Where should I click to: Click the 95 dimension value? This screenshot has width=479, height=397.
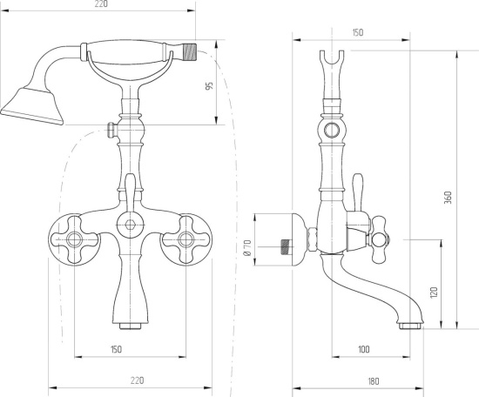(209, 86)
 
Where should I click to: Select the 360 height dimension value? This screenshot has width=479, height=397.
(448, 198)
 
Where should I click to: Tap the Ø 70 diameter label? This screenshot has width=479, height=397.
(247, 247)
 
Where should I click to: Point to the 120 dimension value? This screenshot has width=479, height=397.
(434, 293)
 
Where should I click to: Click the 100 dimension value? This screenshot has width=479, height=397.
(363, 349)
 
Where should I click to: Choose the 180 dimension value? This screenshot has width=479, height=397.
(373, 381)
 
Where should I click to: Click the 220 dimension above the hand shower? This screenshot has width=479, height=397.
(101, 4)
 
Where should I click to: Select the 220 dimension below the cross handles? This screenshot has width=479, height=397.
(137, 380)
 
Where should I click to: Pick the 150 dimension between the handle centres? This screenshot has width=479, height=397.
(116, 349)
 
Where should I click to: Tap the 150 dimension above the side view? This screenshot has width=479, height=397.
(358, 32)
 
